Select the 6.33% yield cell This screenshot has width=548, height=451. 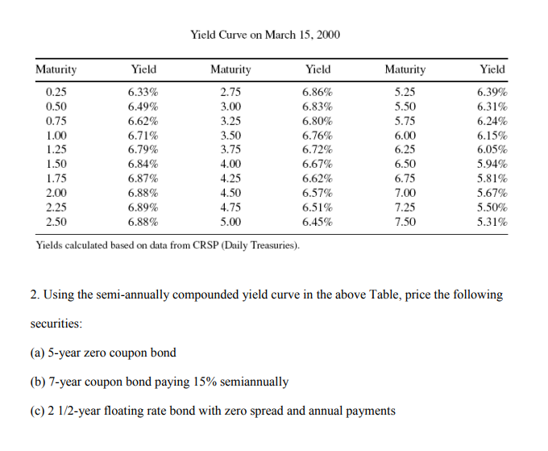coord(143,93)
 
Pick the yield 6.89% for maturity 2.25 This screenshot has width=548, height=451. coord(143,207)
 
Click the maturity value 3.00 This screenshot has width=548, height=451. coord(230,106)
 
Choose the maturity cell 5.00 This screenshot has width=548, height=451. coord(230,220)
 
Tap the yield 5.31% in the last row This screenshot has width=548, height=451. coord(492,220)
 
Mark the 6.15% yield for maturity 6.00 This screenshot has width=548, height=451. coord(492,136)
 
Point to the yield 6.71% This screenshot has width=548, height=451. coord(143,136)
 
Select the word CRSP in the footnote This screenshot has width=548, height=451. coord(205,245)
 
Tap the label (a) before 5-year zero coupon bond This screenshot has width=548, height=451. coord(38,353)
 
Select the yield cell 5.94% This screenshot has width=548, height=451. coord(492,164)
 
